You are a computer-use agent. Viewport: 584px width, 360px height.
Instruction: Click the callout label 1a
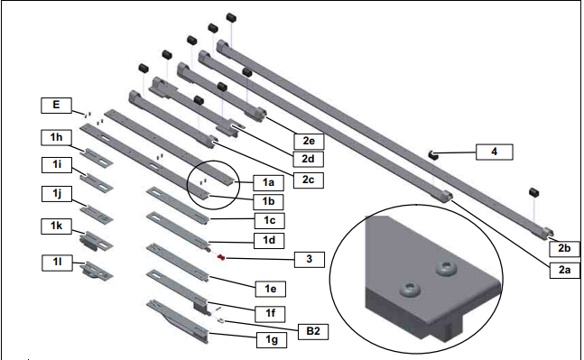(268, 182)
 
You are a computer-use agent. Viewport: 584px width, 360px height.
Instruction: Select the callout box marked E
(56, 105)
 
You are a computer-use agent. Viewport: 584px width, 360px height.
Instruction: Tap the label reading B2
(313, 331)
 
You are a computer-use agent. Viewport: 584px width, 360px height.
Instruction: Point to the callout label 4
(495, 152)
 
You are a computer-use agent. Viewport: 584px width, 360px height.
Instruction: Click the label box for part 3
(309, 259)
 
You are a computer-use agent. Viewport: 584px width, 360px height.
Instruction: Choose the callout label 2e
(309, 141)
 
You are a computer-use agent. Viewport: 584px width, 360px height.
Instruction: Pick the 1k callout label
(56, 226)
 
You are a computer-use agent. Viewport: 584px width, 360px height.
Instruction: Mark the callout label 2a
(564, 270)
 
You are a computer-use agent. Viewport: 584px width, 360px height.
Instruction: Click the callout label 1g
(271, 340)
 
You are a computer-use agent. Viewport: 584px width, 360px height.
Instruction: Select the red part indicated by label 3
(222, 257)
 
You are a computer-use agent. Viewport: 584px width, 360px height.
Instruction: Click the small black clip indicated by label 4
(432, 155)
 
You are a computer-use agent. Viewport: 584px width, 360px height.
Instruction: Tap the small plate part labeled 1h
(97, 156)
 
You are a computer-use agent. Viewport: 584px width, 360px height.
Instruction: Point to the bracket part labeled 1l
(97, 271)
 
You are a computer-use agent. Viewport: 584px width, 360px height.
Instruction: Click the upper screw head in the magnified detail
(447, 268)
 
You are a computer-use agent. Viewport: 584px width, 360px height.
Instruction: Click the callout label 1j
(56, 194)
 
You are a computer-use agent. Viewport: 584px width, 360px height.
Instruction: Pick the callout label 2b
(564, 249)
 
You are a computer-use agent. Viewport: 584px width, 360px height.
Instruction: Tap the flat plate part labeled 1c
(177, 206)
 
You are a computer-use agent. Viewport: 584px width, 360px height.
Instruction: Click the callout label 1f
(271, 313)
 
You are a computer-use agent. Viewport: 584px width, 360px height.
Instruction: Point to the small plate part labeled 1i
(97, 181)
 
